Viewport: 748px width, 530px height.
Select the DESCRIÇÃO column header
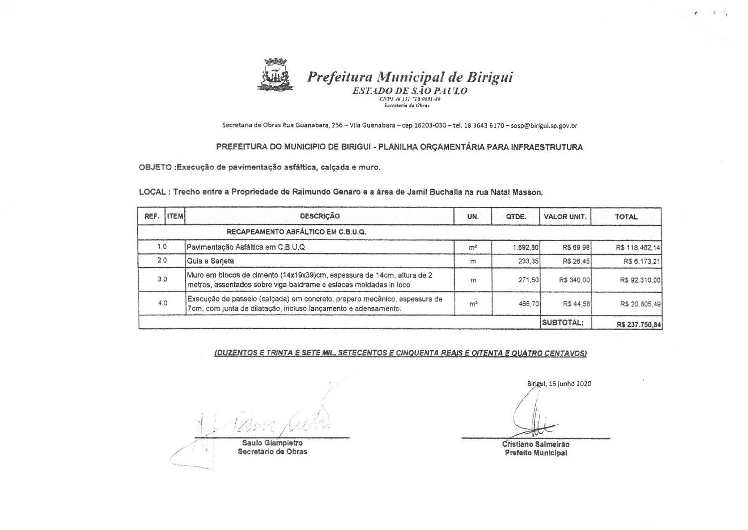click(319, 216)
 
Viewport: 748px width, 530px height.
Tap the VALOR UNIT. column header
click(565, 216)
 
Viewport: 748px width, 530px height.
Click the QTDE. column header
click(516, 216)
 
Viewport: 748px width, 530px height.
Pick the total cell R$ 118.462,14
click(638, 247)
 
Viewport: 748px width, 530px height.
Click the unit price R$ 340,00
click(574, 280)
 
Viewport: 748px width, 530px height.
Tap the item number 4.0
click(162, 303)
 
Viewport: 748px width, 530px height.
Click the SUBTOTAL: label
click(563, 322)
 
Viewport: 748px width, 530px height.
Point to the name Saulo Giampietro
click(272, 443)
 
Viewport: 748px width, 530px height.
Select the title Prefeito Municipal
click(535, 453)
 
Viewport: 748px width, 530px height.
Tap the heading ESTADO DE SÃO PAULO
click(409, 91)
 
